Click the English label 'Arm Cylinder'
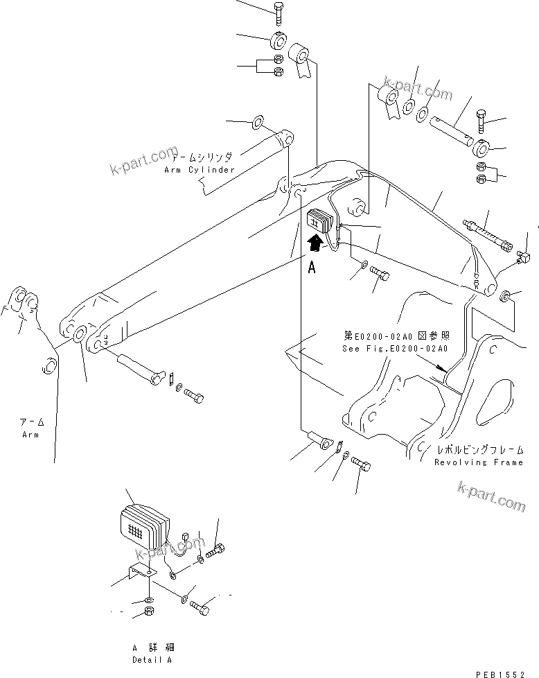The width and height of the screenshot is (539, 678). pos(200,170)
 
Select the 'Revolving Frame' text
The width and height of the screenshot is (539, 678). pos(479,462)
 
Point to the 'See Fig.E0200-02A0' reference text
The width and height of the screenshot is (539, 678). pos(395,349)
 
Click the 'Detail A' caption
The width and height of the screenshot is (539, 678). pos(152,660)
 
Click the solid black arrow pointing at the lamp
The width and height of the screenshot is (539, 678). pos(315,242)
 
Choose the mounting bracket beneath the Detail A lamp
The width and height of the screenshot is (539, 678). pos(141,575)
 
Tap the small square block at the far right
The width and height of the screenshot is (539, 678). pos(524,261)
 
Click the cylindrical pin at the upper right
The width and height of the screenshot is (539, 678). pos(451,130)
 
